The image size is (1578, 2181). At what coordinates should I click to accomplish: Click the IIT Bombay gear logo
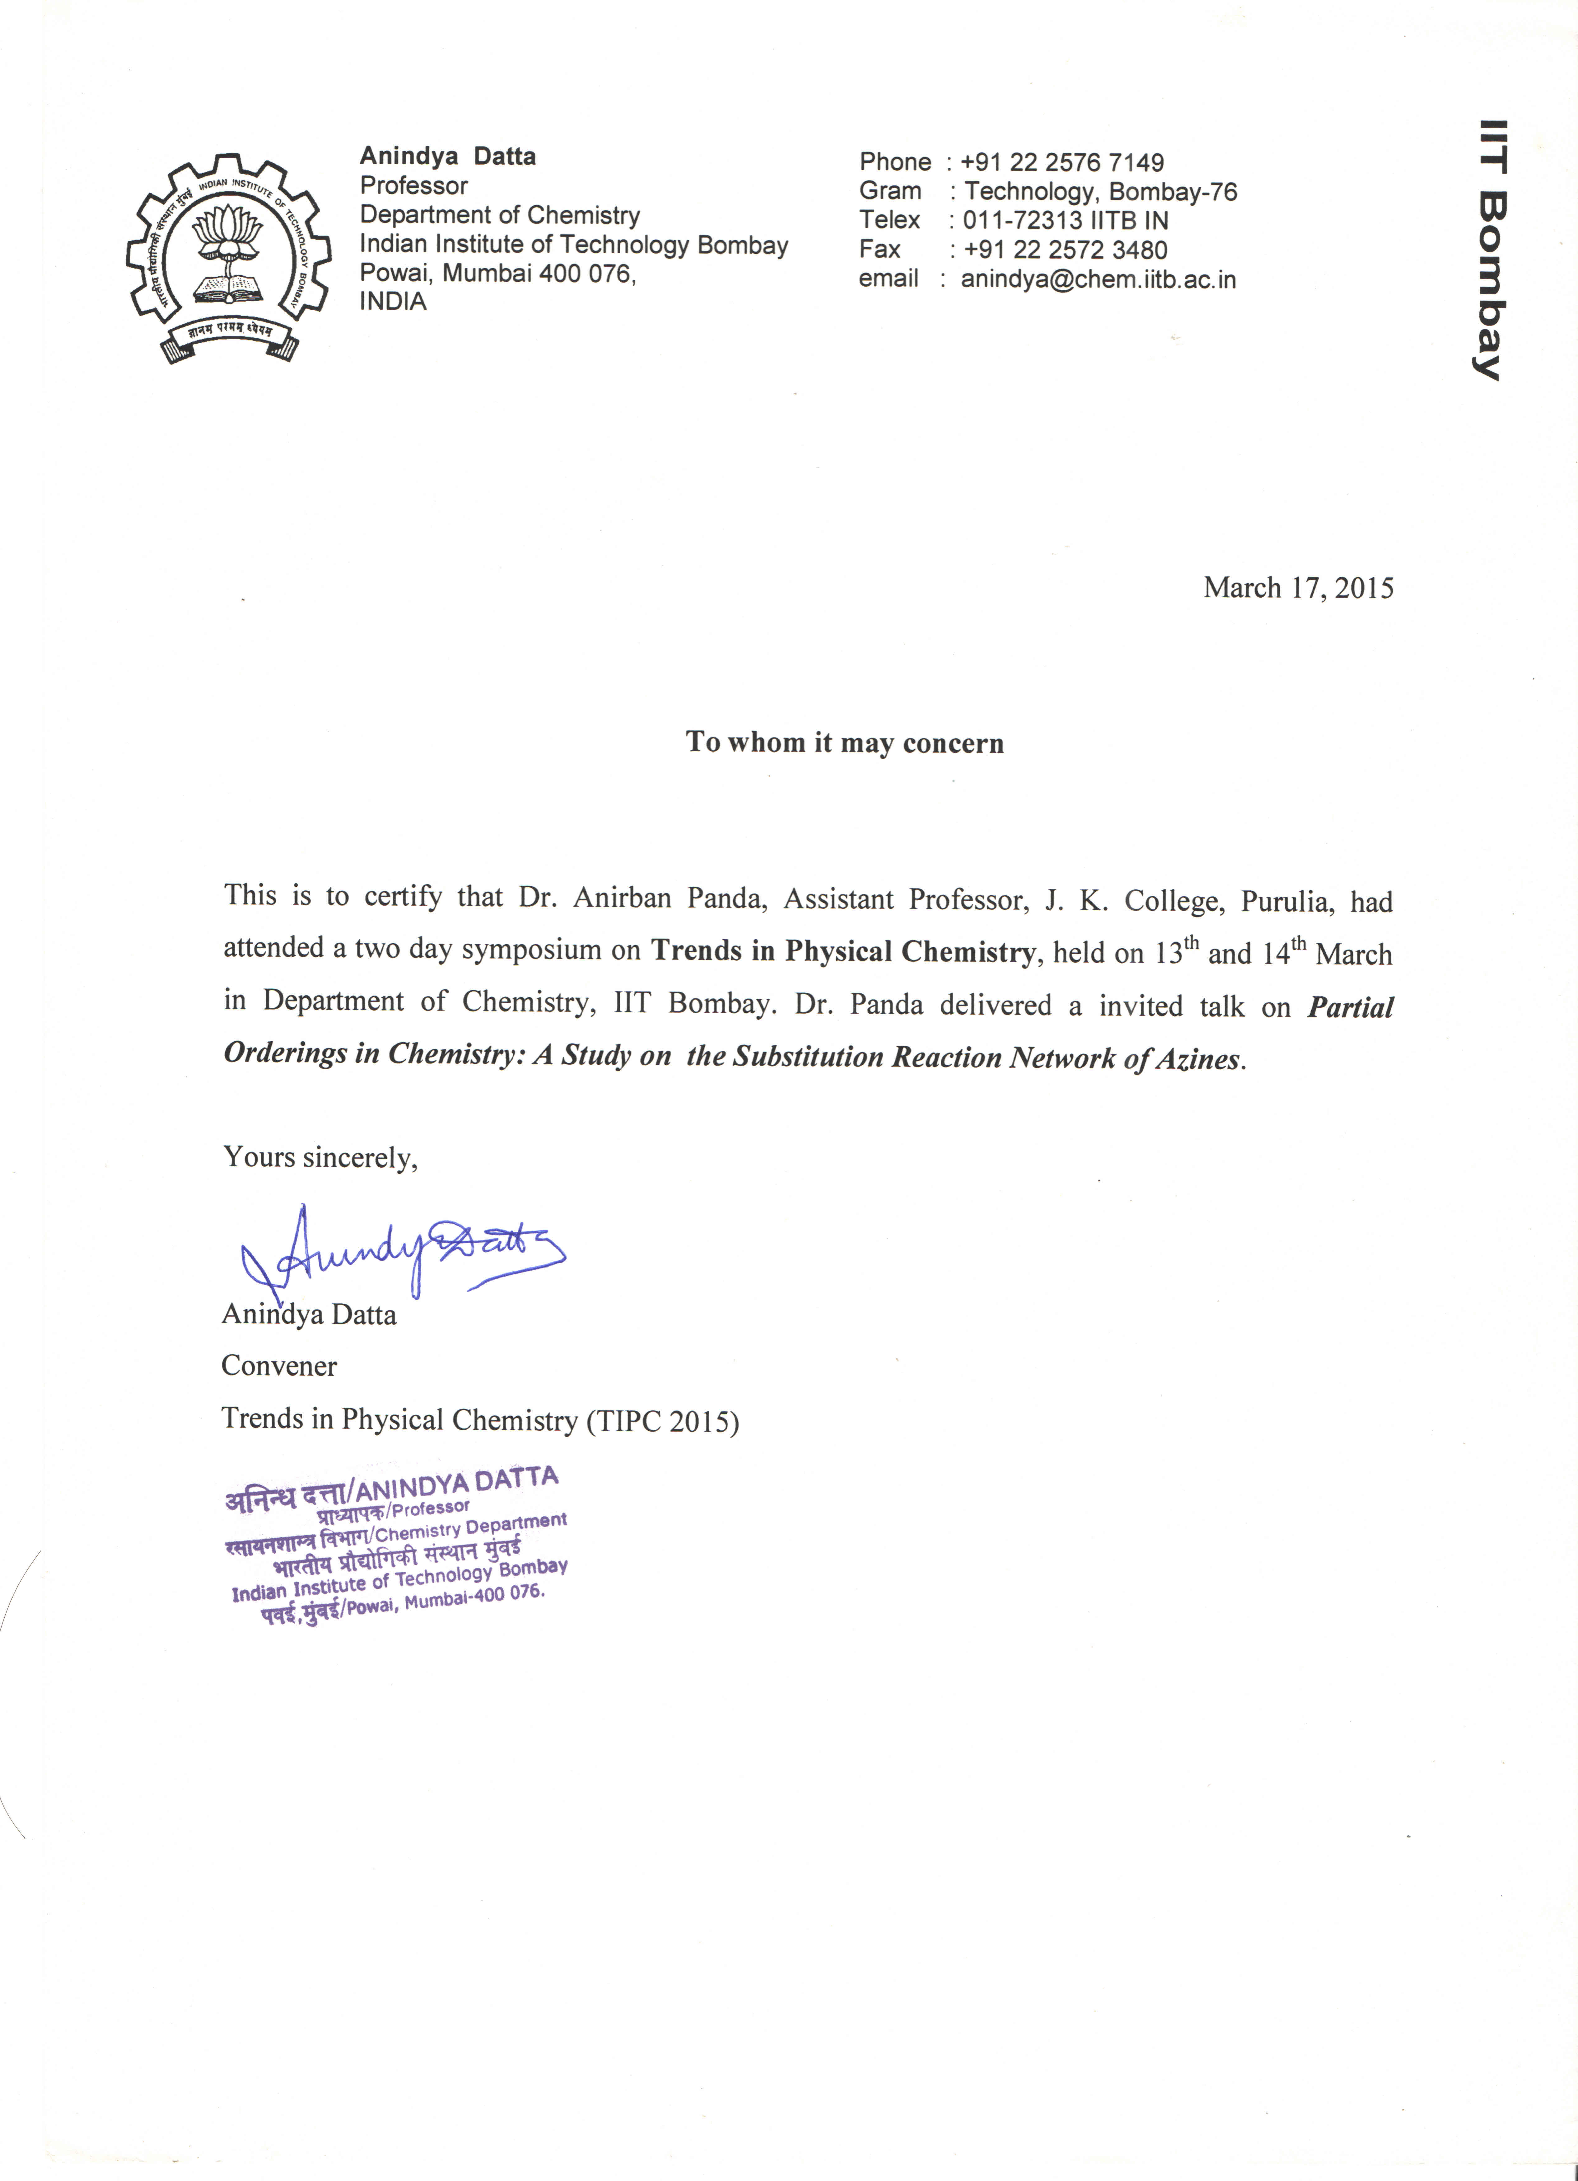click(x=229, y=258)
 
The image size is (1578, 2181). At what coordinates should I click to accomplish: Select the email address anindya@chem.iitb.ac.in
click(x=1098, y=280)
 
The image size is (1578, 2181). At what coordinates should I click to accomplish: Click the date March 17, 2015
click(x=1297, y=589)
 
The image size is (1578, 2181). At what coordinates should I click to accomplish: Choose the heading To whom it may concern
click(x=844, y=742)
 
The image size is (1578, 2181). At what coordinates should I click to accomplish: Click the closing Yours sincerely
click(x=320, y=1157)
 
